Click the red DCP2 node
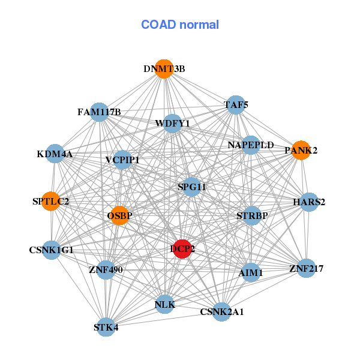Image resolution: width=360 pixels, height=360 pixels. pyautogui.click(x=182, y=248)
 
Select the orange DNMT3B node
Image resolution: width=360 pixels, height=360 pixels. pyautogui.click(x=164, y=68)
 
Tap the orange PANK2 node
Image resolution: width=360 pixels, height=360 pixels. pyautogui.click(x=300, y=150)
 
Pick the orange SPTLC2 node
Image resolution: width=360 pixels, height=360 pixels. pyautogui.click(x=50, y=201)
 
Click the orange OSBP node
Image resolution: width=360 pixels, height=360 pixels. pyautogui.click(x=120, y=215)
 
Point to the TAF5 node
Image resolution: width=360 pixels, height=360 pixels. pyautogui.click(x=236, y=105)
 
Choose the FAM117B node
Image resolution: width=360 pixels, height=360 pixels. pyautogui.click(x=99, y=112)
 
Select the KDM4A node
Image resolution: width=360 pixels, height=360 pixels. pyautogui.click(x=55, y=154)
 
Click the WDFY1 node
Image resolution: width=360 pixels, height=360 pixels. pyautogui.click(x=172, y=124)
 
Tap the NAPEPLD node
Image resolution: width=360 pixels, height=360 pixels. pyautogui.click(x=251, y=145)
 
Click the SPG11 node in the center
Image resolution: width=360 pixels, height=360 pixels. pyautogui.click(x=192, y=187)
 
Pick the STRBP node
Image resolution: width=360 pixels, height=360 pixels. pyautogui.click(x=252, y=215)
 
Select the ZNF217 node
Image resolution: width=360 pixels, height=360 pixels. pyautogui.click(x=306, y=268)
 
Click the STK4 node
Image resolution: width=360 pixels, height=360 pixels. pyautogui.click(x=106, y=327)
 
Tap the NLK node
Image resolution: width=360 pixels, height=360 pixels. pyautogui.click(x=164, y=305)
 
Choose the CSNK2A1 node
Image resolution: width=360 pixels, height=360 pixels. pyautogui.click(x=222, y=311)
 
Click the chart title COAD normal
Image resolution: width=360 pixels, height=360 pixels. pyautogui.click(x=180, y=25)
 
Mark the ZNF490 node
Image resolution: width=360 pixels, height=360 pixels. pyautogui.click(x=106, y=270)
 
